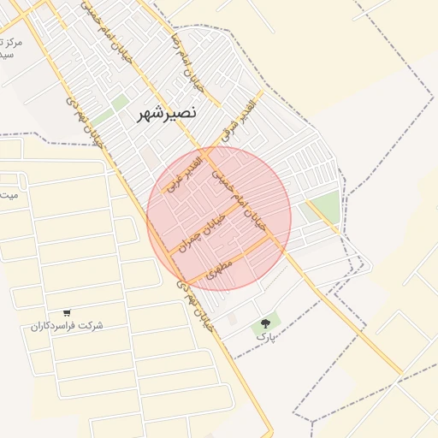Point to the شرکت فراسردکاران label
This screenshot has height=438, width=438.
(x=67, y=326)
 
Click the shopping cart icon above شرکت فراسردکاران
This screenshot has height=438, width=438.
(x=67, y=312)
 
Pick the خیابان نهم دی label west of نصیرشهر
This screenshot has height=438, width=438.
(x=88, y=122)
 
